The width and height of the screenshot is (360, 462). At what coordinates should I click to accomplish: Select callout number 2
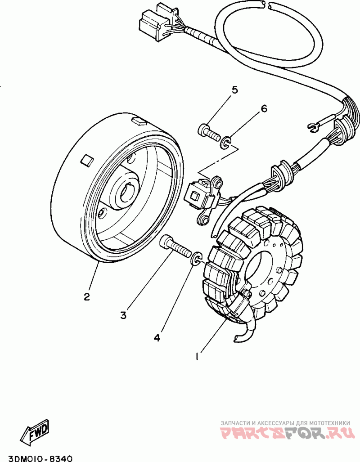86,297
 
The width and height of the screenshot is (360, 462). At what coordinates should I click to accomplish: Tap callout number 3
123,315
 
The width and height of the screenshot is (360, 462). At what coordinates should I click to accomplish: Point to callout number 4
157,337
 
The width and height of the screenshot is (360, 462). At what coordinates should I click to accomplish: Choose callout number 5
234,90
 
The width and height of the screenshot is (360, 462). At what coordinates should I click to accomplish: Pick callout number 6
264,108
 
